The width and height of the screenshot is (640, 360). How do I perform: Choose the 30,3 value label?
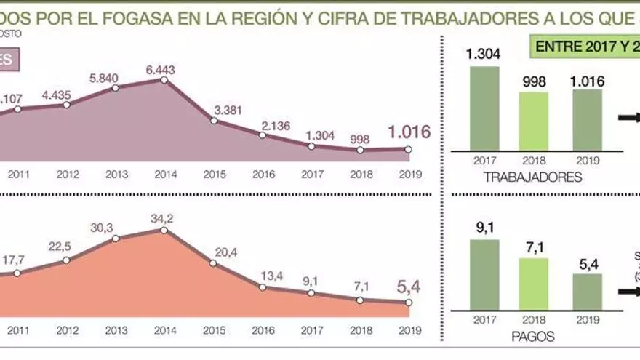click(116, 227)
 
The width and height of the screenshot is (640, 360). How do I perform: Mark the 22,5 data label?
click(66, 245)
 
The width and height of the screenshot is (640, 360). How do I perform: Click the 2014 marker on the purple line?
click(164, 79)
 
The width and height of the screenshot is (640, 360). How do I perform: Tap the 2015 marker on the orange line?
click(213, 266)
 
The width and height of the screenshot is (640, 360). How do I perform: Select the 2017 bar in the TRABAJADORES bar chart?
click(484, 109)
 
